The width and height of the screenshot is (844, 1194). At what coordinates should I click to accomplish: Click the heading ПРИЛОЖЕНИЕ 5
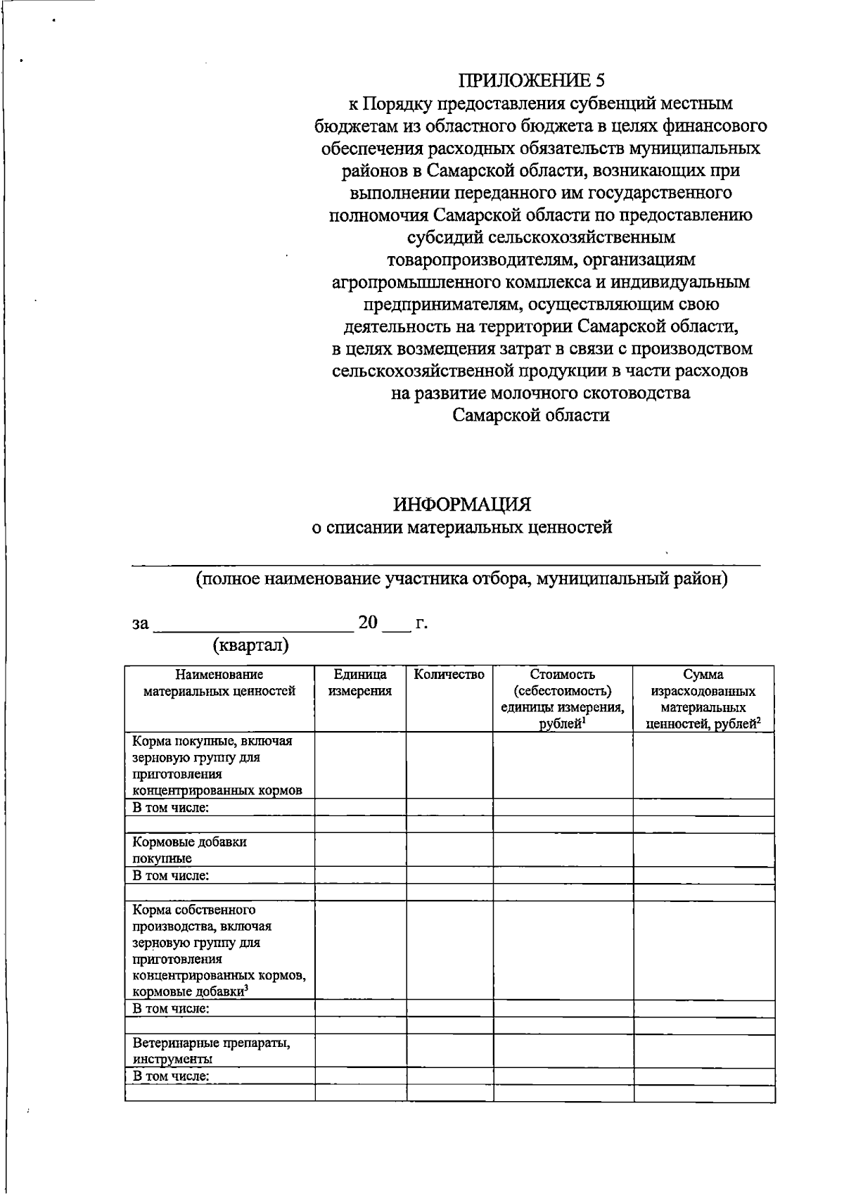point(531,80)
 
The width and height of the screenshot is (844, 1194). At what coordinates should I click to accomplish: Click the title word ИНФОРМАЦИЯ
point(461,504)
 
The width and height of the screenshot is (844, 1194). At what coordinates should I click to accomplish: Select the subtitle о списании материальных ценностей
point(461,527)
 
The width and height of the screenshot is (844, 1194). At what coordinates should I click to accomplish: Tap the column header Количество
point(449,675)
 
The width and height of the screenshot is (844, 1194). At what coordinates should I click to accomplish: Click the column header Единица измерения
point(360,682)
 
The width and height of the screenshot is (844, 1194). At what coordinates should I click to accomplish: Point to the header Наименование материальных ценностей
point(219,682)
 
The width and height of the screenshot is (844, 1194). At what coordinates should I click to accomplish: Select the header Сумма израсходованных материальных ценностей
point(703,699)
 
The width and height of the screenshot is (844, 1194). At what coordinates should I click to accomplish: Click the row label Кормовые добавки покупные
point(190,849)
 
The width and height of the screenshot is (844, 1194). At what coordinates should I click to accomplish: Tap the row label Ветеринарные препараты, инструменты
point(212,1050)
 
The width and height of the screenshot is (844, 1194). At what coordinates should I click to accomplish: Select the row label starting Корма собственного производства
point(219,951)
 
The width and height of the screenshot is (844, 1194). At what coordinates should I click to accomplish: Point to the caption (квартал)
point(250,645)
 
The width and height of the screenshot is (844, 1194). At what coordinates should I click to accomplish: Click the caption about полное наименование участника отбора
point(461,579)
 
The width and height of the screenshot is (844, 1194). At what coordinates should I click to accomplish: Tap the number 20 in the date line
point(368,623)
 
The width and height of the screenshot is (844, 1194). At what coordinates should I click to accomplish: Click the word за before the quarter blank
point(141,624)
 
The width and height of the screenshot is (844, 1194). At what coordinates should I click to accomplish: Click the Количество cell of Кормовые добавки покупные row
point(449,849)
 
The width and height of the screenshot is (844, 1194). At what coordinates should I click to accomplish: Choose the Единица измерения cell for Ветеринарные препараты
point(360,1050)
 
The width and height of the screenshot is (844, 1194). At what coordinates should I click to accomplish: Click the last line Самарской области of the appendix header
point(531,415)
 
